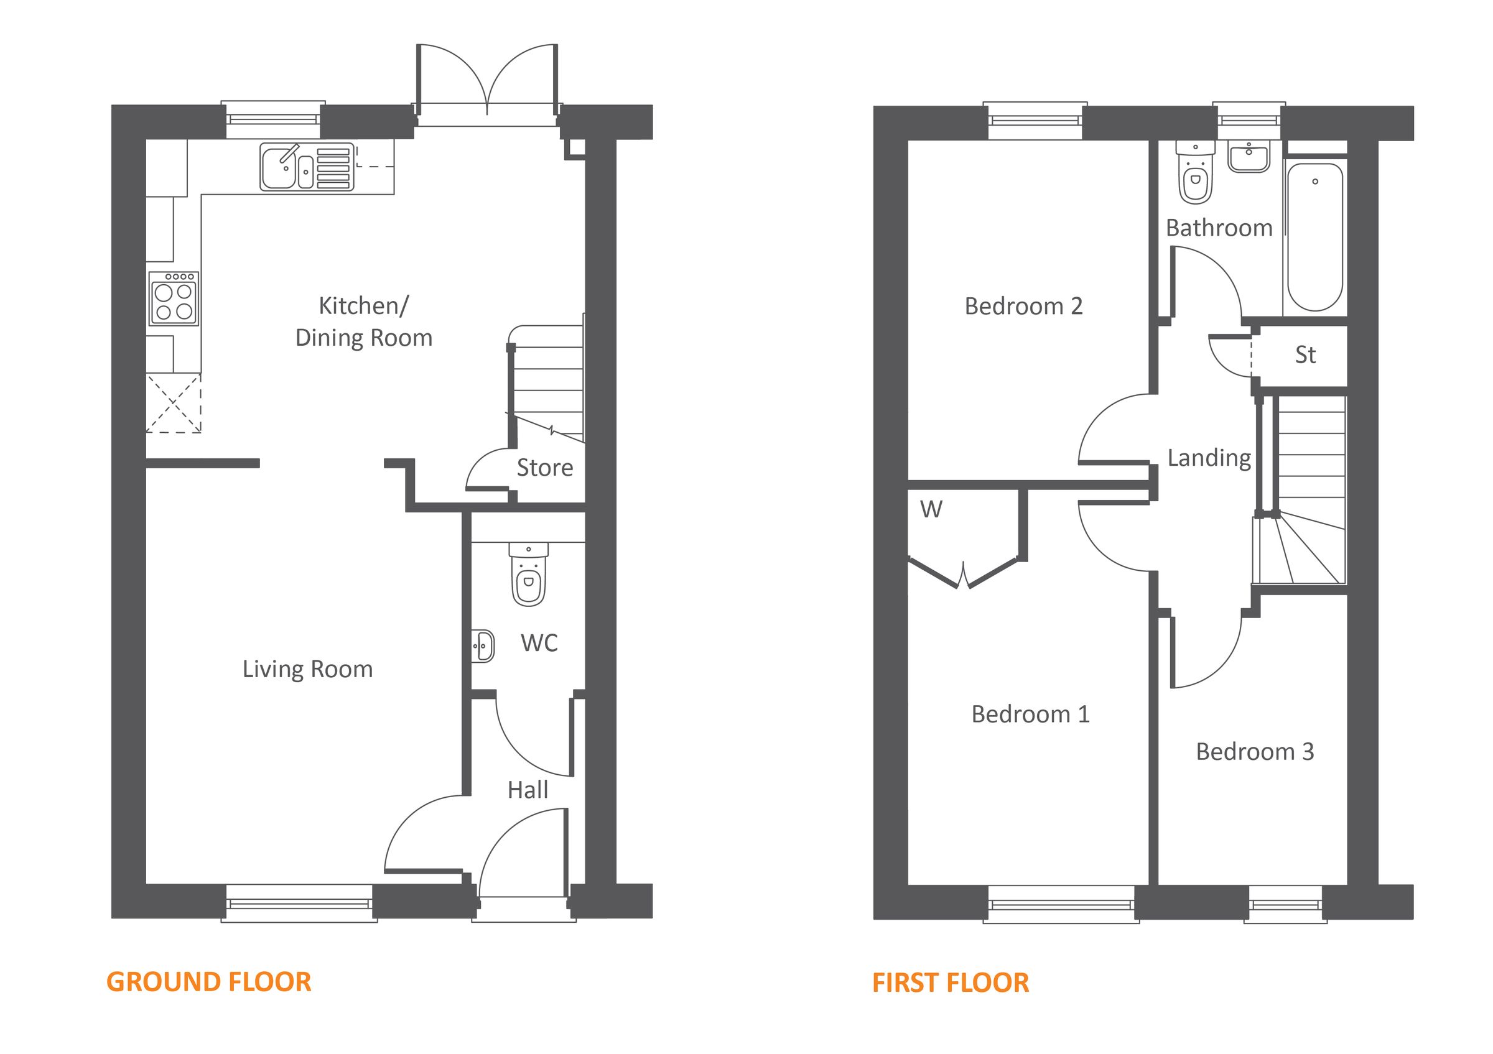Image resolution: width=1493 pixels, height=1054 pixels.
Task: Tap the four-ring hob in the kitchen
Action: tap(174, 298)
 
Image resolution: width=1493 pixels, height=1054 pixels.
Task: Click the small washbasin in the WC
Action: tap(483, 646)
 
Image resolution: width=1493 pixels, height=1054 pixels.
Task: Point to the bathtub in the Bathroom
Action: tap(1315, 237)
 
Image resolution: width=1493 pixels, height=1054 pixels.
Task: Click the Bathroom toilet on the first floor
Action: tap(1195, 173)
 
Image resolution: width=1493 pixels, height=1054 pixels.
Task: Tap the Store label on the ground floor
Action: tap(545, 468)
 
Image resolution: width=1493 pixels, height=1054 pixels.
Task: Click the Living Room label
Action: tap(307, 669)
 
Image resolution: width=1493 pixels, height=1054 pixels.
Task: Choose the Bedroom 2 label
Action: tap(1023, 306)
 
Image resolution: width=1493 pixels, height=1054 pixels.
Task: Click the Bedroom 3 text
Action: tap(1255, 752)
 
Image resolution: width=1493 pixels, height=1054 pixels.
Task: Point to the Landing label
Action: tap(1209, 458)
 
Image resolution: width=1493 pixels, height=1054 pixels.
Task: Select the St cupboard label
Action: tap(1305, 355)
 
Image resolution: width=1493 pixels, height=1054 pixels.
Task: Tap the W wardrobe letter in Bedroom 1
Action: tap(931, 509)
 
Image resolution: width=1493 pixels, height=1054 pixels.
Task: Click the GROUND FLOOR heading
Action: tap(209, 982)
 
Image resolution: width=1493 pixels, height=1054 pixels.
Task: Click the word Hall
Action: tap(528, 790)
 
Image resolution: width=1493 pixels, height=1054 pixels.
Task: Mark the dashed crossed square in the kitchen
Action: tap(173, 403)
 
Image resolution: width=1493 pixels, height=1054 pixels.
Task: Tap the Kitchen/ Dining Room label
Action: tap(363, 321)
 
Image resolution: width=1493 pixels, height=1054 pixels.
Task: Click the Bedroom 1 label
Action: tap(1030, 714)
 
